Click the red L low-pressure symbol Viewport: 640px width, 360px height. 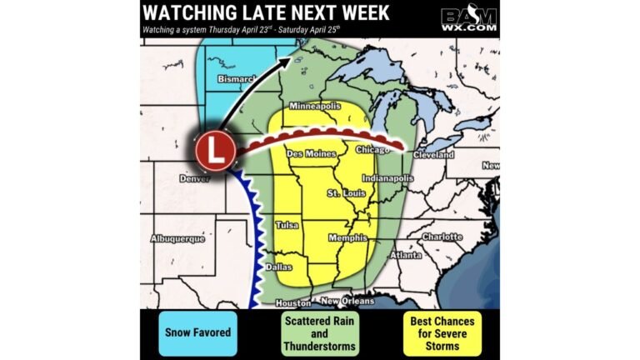pos(216,152)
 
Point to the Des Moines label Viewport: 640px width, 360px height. pos(311,154)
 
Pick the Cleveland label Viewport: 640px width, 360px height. pos(434,156)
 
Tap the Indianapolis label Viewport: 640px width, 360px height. pos(388,178)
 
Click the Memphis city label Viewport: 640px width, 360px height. pos(348,238)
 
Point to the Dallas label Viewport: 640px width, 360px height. pos(278,267)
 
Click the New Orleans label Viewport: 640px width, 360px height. pos(347,301)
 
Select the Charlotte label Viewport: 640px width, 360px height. pos(442,237)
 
